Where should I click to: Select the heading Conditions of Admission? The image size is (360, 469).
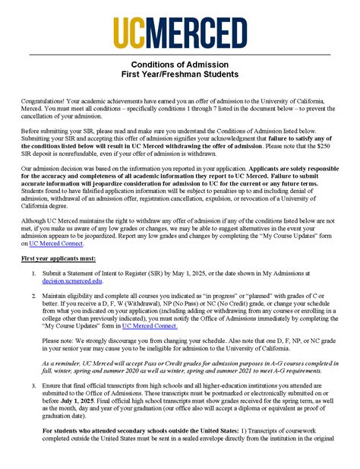pyautogui.click(x=180, y=65)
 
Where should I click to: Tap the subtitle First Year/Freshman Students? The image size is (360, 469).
pyautogui.click(x=180, y=74)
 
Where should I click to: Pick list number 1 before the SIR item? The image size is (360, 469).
pyautogui.click(x=33, y=272)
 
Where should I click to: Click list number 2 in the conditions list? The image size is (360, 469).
pyautogui.click(x=33, y=293)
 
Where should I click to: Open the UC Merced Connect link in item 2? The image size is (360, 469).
pyautogui.click(x=150, y=325)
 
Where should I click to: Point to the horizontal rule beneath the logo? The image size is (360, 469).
pyautogui.click(x=180, y=55)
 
